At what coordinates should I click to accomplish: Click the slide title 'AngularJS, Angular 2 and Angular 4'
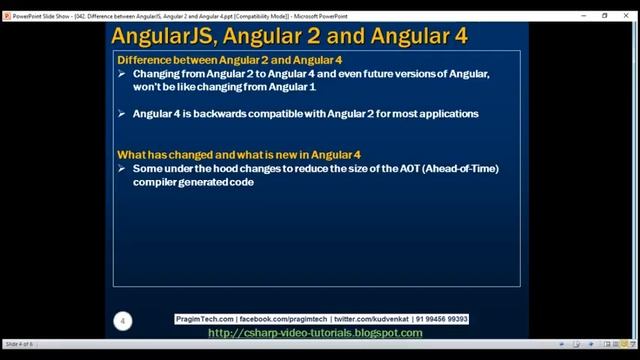[x=289, y=37]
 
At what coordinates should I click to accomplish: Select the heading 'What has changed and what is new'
[x=239, y=155]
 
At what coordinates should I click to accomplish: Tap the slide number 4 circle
[x=122, y=321]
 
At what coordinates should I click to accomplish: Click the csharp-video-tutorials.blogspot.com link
[x=315, y=333]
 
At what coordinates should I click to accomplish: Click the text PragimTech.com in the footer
[x=204, y=320]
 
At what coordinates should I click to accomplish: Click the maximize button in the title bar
[x=605, y=16]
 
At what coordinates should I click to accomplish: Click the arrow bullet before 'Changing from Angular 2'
[x=122, y=75]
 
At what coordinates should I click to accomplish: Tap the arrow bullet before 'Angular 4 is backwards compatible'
[x=122, y=114]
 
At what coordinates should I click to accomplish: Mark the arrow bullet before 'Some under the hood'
[x=122, y=169]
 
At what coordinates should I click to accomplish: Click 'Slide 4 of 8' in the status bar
[x=18, y=344]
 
